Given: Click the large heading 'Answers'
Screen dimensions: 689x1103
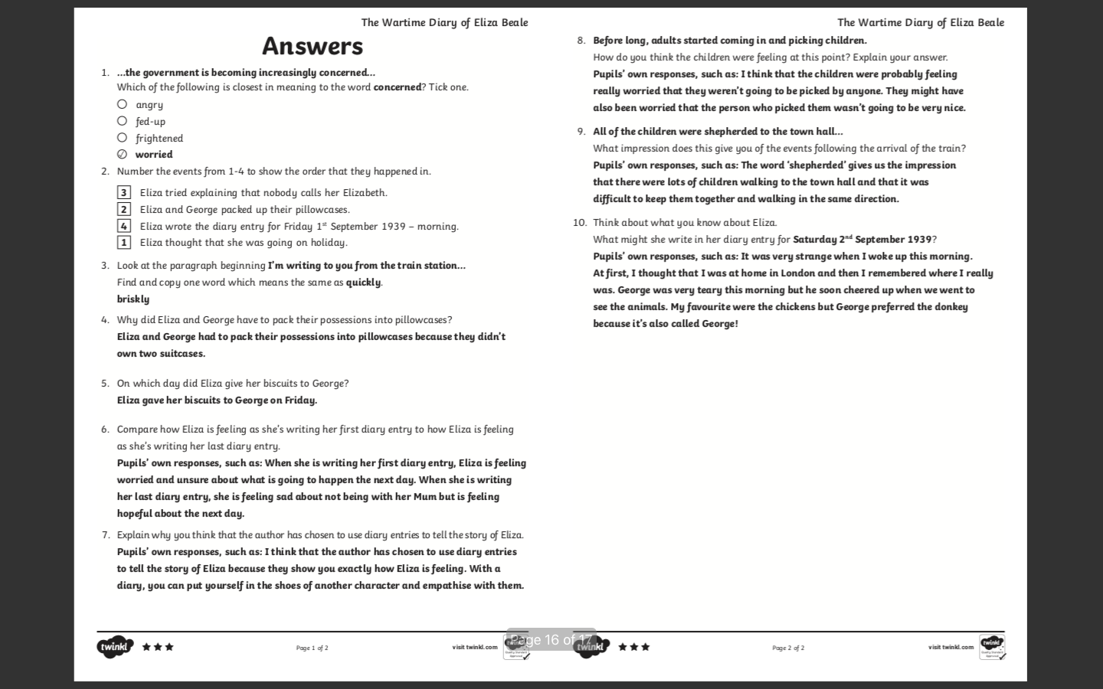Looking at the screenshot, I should pyautogui.click(x=313, y=46).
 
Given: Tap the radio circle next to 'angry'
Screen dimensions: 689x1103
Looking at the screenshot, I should pyautogui.click(x=123, y=104).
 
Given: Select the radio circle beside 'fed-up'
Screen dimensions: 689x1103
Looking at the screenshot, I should pyautogui.click(x=123, y=121).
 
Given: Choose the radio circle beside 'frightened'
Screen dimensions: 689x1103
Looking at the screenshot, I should pyautogui.click(x=123, y=138).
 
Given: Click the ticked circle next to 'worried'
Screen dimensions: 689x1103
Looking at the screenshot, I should pyautogui.click(x=123, y=154).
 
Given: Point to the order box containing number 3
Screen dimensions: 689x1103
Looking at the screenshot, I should pyautogui.click(x=124, y=192).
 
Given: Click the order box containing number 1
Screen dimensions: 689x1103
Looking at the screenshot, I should pyautogui.click(x=124, y=243).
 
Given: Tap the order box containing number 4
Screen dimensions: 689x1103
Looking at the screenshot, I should pyautogui.click(x=124, y=226).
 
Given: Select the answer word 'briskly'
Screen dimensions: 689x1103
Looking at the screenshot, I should pyautogui.click(x=133, y=299).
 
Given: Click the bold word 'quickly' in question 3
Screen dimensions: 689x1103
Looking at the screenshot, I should pyautogui.click(x=363, y=282).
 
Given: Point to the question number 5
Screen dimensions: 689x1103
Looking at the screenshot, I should pyautogui.click(x=105, y=384).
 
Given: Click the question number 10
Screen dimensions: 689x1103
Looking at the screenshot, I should pyautogui.click(x=580, y=223).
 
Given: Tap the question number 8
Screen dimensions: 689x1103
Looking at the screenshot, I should pyautogui.click(x=581, y=41).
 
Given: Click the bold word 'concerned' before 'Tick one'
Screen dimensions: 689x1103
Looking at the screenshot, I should pyautogui.click(x=397, y=87).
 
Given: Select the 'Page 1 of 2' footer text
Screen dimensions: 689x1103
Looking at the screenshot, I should pyautogui.click(x=312, y=648).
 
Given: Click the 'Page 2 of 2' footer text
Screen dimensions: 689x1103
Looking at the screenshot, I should pyautogui.click(x=788, y=648).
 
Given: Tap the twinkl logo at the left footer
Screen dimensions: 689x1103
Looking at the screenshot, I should pyautogui.click(x=115, y=647).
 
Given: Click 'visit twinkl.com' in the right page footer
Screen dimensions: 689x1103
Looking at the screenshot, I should pyautogui.click(x=951, y=648).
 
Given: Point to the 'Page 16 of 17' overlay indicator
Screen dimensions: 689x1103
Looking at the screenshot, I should pyautogui.click(x=551, y=640).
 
